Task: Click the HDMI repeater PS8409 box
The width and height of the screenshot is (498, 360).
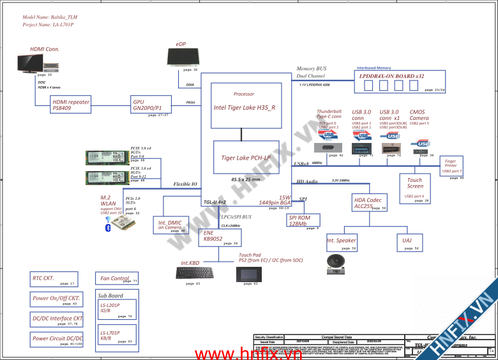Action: coord(72,105)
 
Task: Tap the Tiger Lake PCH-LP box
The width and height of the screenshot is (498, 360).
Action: coord(246,157)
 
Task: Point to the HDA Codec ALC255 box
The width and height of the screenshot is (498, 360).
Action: coord(370,203)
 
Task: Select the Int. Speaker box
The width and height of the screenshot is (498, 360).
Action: coord(342,241)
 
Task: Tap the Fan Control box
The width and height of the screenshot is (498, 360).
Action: coord(117,278)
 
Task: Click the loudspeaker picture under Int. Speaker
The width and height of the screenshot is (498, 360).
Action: coord(335,262)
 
